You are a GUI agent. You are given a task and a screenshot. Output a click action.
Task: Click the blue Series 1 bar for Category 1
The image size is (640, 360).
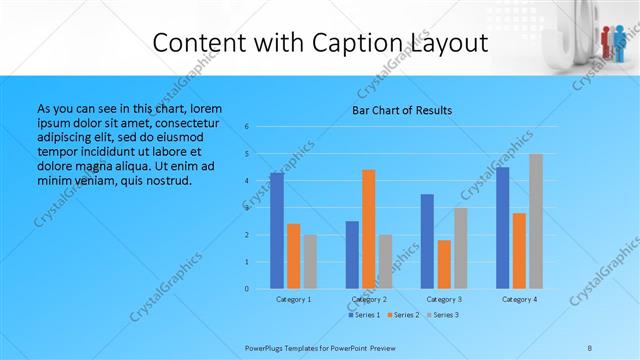277,231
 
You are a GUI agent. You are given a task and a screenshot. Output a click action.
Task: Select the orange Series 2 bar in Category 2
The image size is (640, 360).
369,229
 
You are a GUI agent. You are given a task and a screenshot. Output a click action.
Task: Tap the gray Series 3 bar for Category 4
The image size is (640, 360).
536,221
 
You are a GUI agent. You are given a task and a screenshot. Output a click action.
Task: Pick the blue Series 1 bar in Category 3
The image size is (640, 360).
427,241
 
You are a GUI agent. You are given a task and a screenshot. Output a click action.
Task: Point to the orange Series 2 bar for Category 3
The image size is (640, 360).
444,264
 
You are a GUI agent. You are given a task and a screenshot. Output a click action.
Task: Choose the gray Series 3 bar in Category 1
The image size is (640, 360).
310,262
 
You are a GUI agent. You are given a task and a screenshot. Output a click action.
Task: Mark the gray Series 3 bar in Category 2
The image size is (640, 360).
386,262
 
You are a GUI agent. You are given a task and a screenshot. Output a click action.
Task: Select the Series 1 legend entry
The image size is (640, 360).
363,315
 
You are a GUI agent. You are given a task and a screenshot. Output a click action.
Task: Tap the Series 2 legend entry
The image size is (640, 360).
402,315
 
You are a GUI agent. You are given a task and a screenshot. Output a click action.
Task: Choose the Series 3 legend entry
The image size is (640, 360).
441,315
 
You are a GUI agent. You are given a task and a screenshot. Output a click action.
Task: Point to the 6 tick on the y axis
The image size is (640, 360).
247,127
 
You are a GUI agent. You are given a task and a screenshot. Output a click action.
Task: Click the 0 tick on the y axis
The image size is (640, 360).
247,289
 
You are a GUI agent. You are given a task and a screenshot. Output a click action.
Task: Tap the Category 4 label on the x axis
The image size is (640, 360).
519,299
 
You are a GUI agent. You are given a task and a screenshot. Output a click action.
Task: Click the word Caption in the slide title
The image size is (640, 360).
345,43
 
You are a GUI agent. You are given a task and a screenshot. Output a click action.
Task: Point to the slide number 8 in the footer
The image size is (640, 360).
589,347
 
